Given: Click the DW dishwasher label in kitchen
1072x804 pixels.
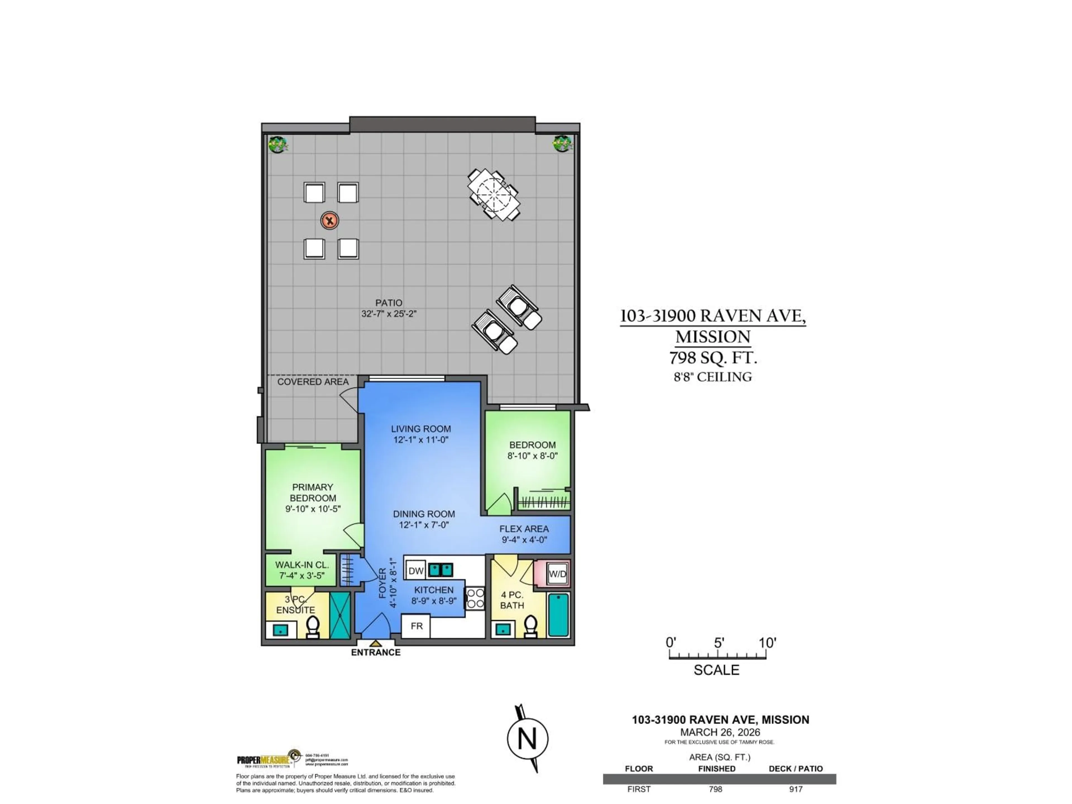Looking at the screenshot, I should [x=416, y=571].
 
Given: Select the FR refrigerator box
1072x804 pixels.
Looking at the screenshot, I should [x=416, y=626].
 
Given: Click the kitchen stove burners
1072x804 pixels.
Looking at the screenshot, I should [x=475, y=598].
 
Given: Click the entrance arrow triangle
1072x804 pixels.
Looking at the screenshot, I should [x=375, y=643].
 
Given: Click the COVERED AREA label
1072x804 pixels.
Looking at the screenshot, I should [x=313, y=382].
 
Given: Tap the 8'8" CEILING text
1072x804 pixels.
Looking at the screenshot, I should [x=712, y=377].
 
